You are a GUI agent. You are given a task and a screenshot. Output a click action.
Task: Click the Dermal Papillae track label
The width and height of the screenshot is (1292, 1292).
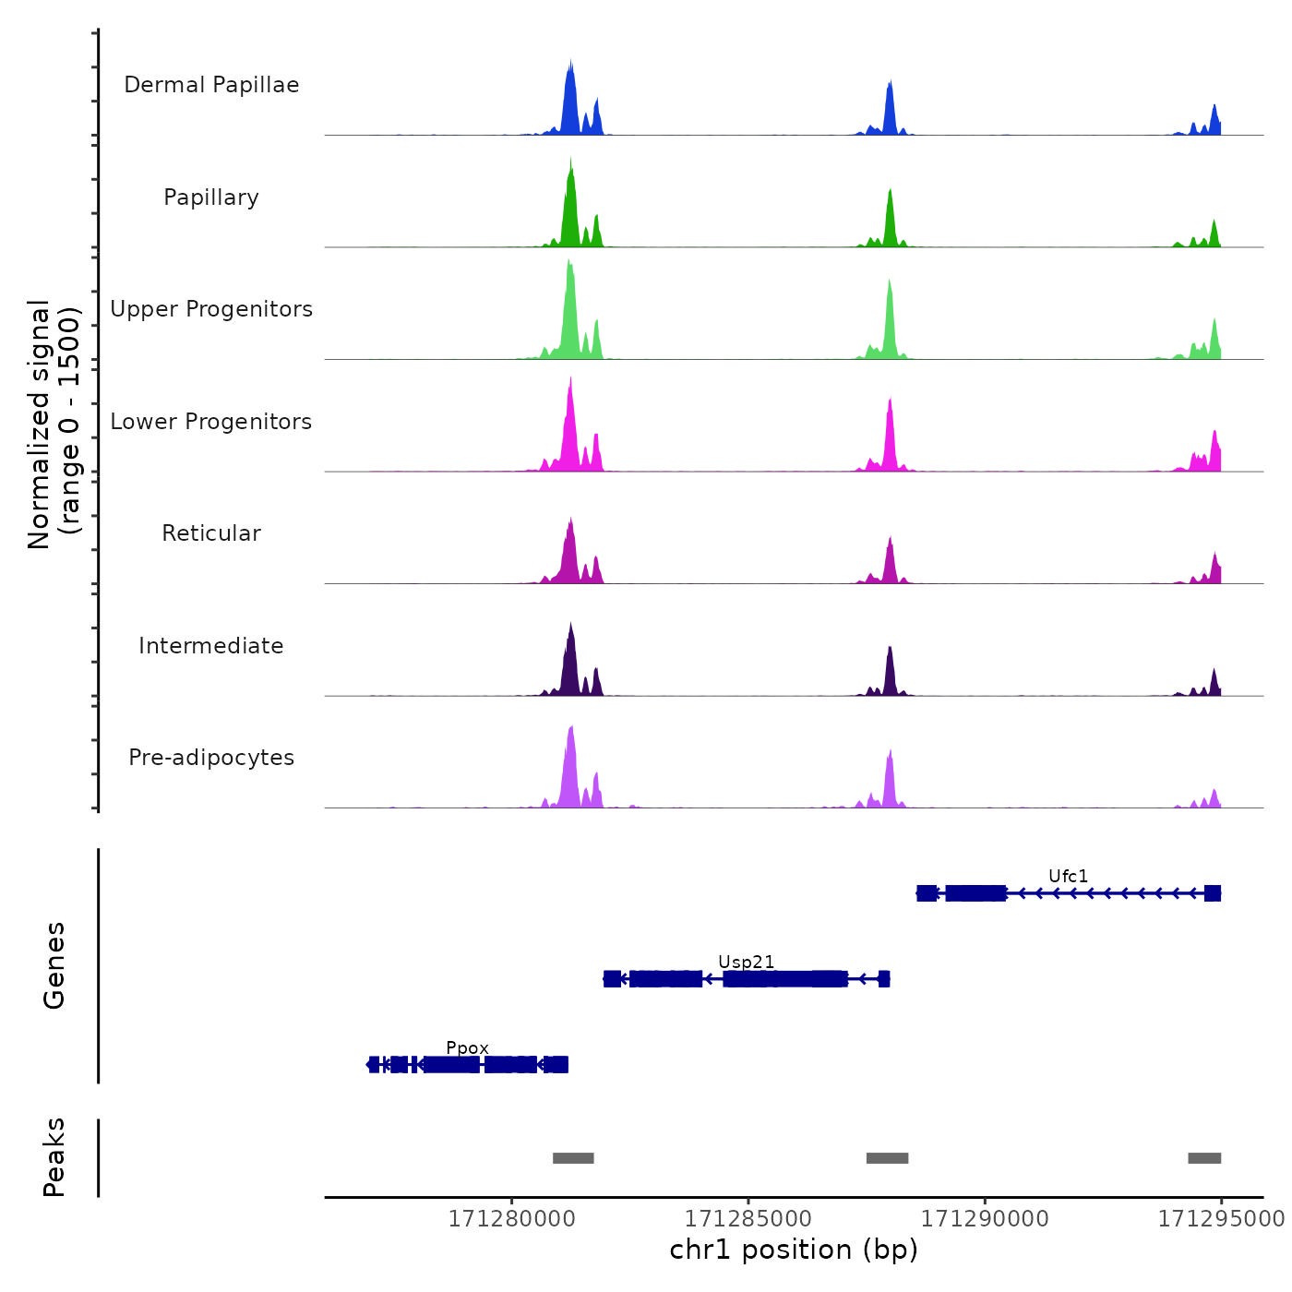(211, 85)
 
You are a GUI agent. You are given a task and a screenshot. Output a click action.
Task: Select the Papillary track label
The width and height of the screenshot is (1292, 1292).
(211, 197)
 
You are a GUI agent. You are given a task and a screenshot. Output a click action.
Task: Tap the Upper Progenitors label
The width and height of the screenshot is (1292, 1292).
(211, 309)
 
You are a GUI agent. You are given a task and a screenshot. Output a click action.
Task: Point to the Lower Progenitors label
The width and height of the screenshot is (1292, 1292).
(211, 422)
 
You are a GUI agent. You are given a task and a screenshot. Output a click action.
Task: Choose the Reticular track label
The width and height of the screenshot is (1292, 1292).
(211, 533)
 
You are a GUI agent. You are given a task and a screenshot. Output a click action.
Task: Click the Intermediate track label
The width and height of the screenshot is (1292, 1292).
(211, 646)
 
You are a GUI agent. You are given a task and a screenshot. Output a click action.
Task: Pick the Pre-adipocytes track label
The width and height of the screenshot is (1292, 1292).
(211, 758)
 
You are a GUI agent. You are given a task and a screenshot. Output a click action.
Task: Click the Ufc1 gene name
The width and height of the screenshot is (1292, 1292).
(1068, 876)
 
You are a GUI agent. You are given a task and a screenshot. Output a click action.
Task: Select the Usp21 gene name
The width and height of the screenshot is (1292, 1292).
(746, 962)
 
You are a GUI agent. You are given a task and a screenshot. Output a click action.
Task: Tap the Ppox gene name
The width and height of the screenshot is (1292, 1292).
(467, 1047)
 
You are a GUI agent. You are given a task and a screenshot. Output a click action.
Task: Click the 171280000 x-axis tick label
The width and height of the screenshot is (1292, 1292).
(511, 1219)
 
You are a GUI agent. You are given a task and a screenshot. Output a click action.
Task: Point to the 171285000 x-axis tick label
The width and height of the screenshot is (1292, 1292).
(748, 1219)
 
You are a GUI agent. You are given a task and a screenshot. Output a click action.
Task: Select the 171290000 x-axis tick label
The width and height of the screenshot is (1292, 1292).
(985, 1219)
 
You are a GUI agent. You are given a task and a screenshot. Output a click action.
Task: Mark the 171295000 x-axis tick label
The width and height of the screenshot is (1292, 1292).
(1221, 1219)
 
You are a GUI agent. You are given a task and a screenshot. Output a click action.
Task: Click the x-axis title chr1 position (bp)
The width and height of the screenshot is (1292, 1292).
(794, 1250)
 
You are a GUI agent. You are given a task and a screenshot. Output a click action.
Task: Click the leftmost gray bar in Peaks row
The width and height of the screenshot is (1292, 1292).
(573, 1158)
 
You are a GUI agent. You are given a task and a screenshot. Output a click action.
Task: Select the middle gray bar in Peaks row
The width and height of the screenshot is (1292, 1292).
(887, 1158)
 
